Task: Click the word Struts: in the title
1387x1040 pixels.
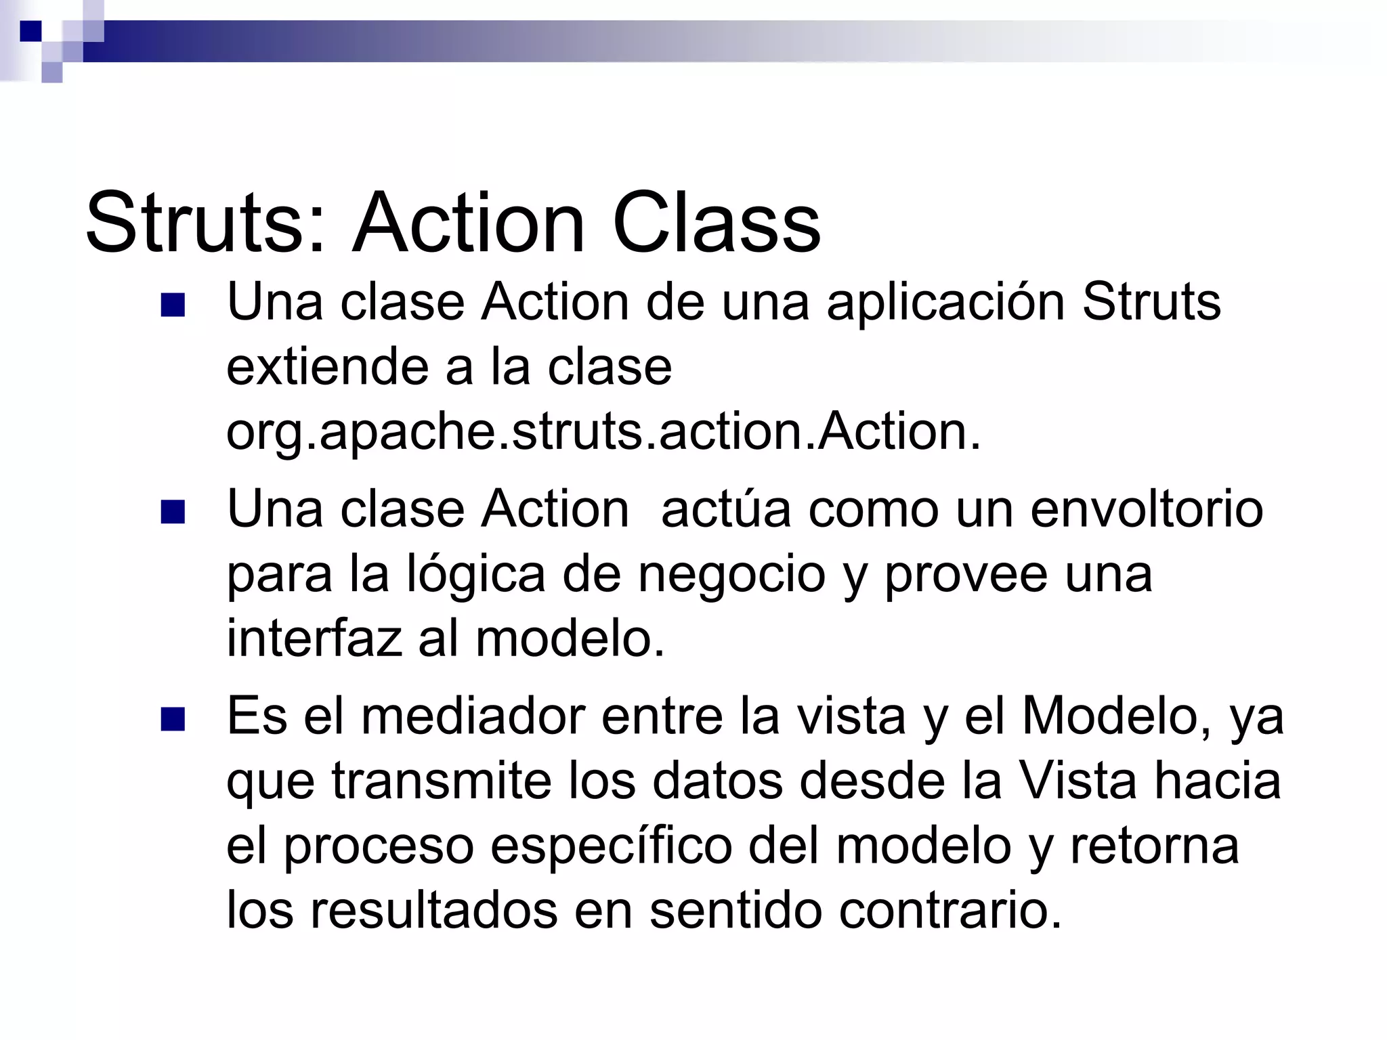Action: coord(207,223)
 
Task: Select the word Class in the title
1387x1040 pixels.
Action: coord(716,223)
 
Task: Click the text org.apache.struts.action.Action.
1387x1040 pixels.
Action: coord(603,432)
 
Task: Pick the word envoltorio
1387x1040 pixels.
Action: coord(1147,509)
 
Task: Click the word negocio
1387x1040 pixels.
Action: coord(731,575)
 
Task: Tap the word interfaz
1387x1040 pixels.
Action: coord(314,638)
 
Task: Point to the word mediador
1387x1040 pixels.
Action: coord(473,716)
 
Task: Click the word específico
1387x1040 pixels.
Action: coord(611,846)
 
